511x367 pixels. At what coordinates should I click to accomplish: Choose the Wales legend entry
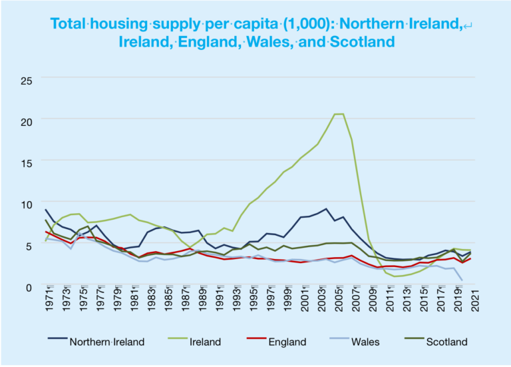click(x=365, y=342)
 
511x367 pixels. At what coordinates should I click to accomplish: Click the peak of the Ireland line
click(x=339, y=114)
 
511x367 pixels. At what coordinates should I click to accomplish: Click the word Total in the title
click(x=72, y=23)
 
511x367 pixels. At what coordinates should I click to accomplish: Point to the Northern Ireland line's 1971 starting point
click(x=45, y=210)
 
